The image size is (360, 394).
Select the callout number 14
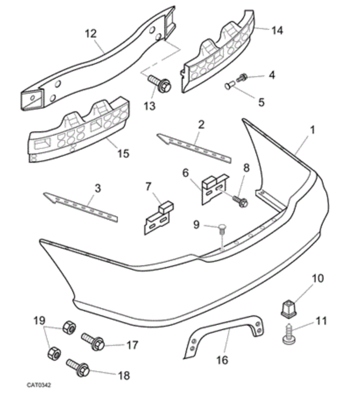[x=277, y=30]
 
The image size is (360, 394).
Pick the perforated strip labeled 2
[x=194, y=144]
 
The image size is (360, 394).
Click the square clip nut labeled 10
[x=288, y=307]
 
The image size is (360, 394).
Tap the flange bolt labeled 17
[x=93, y=341]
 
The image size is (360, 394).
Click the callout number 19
[x=39, y=321]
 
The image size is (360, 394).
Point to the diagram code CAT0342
[x=39, y=385]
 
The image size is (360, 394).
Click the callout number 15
[x=124, y=154]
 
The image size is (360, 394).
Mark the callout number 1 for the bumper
[x=313, y=130]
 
